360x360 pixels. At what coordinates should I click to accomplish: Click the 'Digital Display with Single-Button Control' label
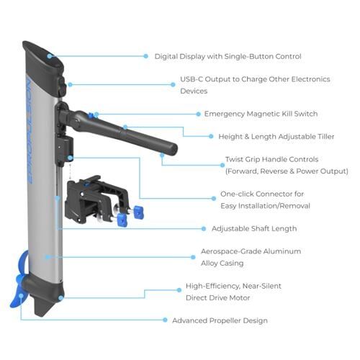(x=228, y=57)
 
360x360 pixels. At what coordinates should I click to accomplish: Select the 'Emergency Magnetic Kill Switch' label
(x=261, y=114)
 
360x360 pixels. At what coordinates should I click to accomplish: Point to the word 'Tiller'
(x=326, y=137)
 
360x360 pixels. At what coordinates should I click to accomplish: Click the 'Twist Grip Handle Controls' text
(x=272, y=159)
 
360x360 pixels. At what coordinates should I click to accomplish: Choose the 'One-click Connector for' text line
(x=262, y=194)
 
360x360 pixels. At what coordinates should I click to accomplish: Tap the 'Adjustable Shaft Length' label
(x=254, y=228)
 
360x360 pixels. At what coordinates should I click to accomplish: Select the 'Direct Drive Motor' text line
(x=218, y=298)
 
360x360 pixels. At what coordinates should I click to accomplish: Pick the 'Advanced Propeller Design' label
(x=220, y=320)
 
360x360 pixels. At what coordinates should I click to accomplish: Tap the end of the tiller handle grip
(x=174, y=149)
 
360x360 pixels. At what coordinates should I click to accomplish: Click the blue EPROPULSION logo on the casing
(x=30, y=131)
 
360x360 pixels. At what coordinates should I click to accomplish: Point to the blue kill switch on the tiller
(x=91, y=115)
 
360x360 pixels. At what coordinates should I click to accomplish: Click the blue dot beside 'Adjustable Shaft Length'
(x=204, y=229)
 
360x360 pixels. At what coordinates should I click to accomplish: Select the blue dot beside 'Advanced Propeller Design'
(x=165, y=320)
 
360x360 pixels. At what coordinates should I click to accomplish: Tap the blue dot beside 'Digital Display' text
(x=145, y=56)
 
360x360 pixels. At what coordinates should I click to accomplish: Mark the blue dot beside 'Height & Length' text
(x=211, y=136)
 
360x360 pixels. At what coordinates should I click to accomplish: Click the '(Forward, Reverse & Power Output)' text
(x=287, y=171)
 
